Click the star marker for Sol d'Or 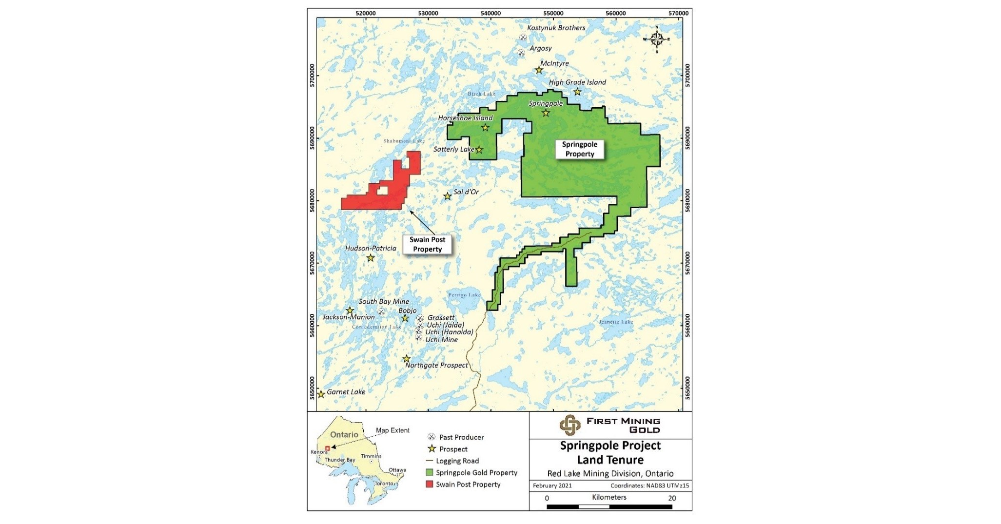[447, 196]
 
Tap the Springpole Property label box [579, 149]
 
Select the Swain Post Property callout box [427, 244]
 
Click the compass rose [656, 39]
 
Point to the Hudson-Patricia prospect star [371, 258]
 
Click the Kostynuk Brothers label [556, 28]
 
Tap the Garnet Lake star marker [321, 394]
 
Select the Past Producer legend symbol [431, 437]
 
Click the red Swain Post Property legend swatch [430, 485]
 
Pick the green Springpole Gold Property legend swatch [430, 473]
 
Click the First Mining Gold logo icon [569, 425]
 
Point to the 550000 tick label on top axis [553, 13]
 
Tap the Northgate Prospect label [436, 365]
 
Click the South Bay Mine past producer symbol [381, 311]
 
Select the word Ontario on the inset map [344, 434]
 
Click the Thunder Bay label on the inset [340, 460]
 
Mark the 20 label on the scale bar [671, 498]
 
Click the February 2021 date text [552, 485]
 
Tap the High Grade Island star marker [577, 92]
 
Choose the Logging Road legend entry [457, 461]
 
